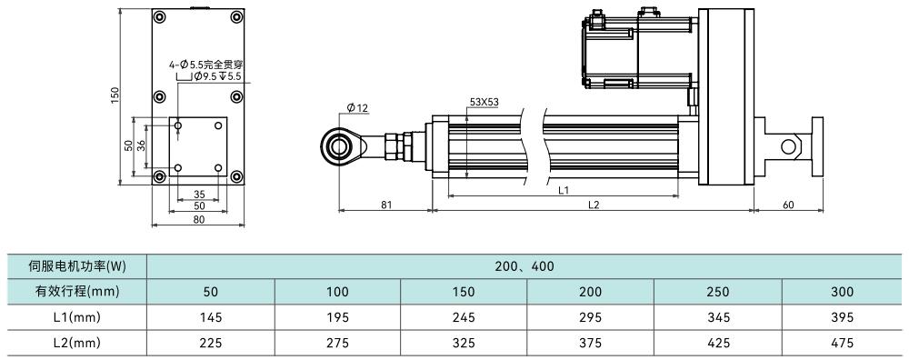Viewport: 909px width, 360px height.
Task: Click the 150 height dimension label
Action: (x=115, y=96)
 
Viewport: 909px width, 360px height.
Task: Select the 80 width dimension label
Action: (x=198, y=220)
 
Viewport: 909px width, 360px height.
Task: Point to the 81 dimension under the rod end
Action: (x=386, y=205)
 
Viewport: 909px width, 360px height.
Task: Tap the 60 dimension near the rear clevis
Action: (x=788, y=205)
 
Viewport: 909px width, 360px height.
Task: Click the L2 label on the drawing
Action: (x=593, y=205)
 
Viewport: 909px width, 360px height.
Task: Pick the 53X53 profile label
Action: (x=484, y=103)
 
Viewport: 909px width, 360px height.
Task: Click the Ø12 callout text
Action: (x=357, y=107)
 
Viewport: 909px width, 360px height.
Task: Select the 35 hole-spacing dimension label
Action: (x=199, y=195)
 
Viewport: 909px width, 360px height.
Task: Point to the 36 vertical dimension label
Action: (x=141, y=146)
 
